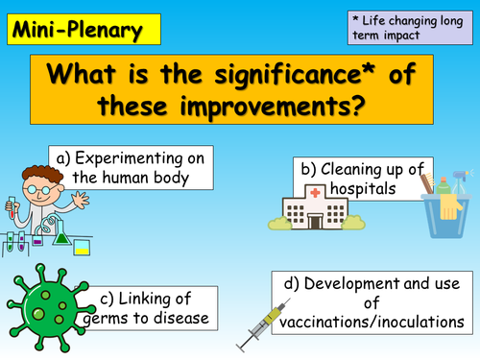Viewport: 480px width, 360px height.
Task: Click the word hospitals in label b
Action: (x=359, y=190)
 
